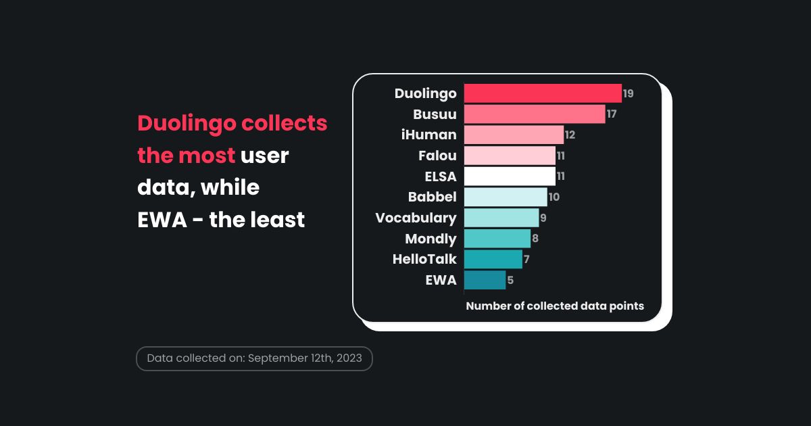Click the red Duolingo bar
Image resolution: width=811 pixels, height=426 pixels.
[x=543, y=93]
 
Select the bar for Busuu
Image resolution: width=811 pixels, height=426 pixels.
[x=535, y=114]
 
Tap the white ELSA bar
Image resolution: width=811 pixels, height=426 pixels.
[x=510, y=176]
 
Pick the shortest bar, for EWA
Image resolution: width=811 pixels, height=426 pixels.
[x=485, y=280]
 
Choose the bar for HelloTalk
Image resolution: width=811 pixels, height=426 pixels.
[x=493, y=259]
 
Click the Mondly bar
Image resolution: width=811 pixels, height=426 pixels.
[x=497, y=239]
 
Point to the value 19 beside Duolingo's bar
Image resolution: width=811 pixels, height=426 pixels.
[x=629, y=93]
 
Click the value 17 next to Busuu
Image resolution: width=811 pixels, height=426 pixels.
[x=612, y=114]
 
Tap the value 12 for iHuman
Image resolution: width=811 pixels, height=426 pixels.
[x=570, y=135]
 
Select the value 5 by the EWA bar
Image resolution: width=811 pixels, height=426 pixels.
[x=510, y=280]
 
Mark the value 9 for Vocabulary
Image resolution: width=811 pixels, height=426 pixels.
[x=543, y=218]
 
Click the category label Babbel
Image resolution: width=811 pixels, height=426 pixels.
[x=433, y=197]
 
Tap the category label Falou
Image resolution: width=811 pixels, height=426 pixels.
[x=437, y=156]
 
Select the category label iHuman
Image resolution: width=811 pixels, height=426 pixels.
[x=428, y=135]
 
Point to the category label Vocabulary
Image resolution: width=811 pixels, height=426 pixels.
[x=416, y=218]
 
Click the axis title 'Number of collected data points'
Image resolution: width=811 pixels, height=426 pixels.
[x=555, y=306]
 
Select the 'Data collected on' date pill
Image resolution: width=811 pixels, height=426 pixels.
[x=254, y=358]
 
